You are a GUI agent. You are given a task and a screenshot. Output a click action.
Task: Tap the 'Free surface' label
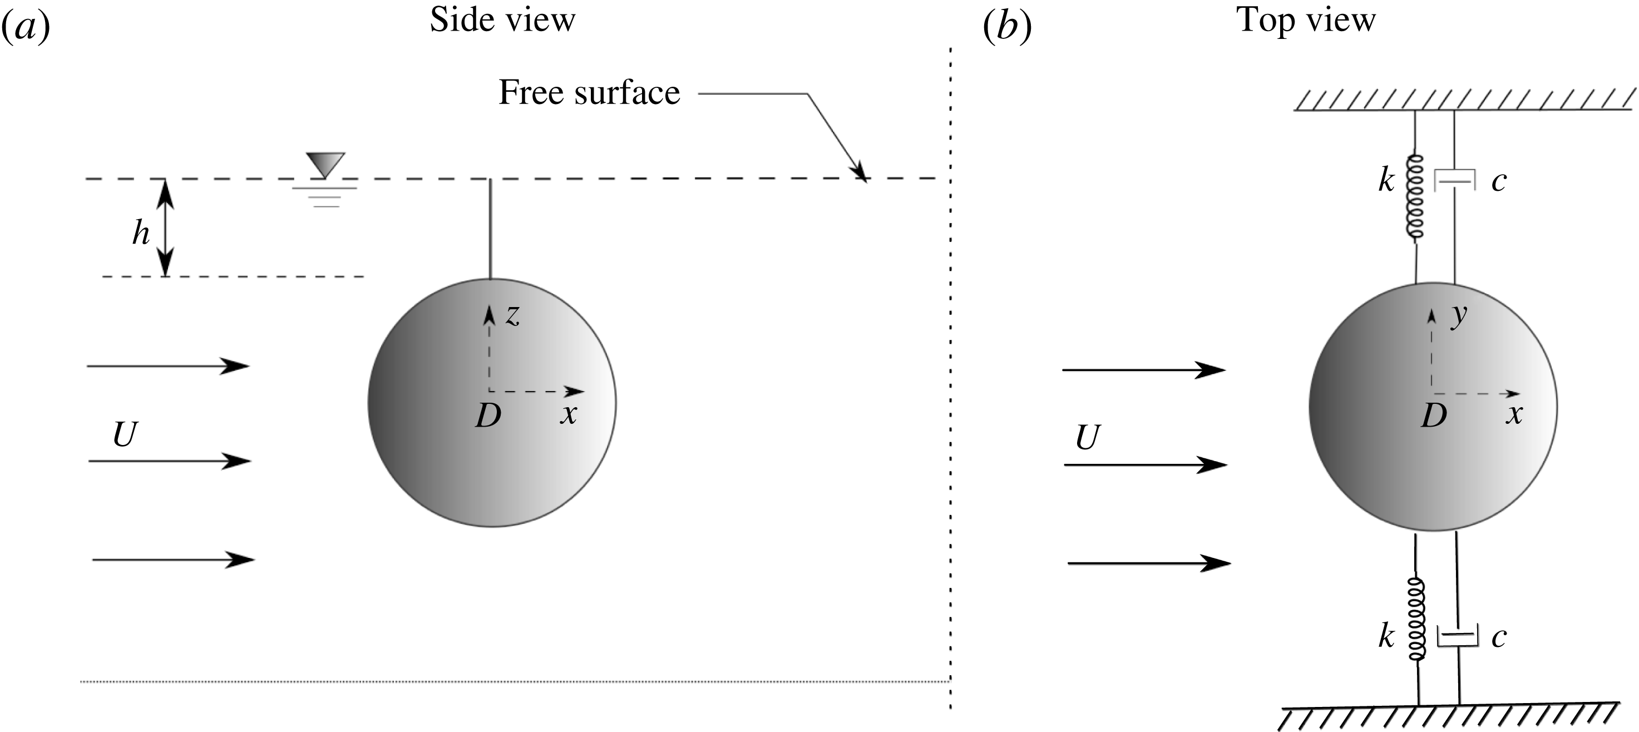tap(589, 93)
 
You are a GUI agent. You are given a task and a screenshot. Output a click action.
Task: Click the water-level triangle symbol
tap(325, 165)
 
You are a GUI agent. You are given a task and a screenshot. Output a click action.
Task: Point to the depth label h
tap(141, 233)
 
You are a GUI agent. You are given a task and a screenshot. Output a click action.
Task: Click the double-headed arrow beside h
tap(165, 227)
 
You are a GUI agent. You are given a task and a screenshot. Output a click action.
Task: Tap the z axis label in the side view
tap(512, 315)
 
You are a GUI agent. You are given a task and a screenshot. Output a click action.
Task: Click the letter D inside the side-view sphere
tap(488, 416)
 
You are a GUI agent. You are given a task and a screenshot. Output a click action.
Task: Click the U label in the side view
tap(125, 435)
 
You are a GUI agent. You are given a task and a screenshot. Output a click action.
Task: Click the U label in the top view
tap(1087, 438)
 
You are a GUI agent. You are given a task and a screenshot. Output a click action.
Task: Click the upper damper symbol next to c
tap(1454, 181)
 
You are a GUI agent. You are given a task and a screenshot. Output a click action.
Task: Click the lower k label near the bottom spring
tap(1386, 636)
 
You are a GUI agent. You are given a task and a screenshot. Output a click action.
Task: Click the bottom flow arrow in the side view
tap(173, 560)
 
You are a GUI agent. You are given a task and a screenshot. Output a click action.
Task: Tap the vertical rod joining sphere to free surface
tap(491, 229)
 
